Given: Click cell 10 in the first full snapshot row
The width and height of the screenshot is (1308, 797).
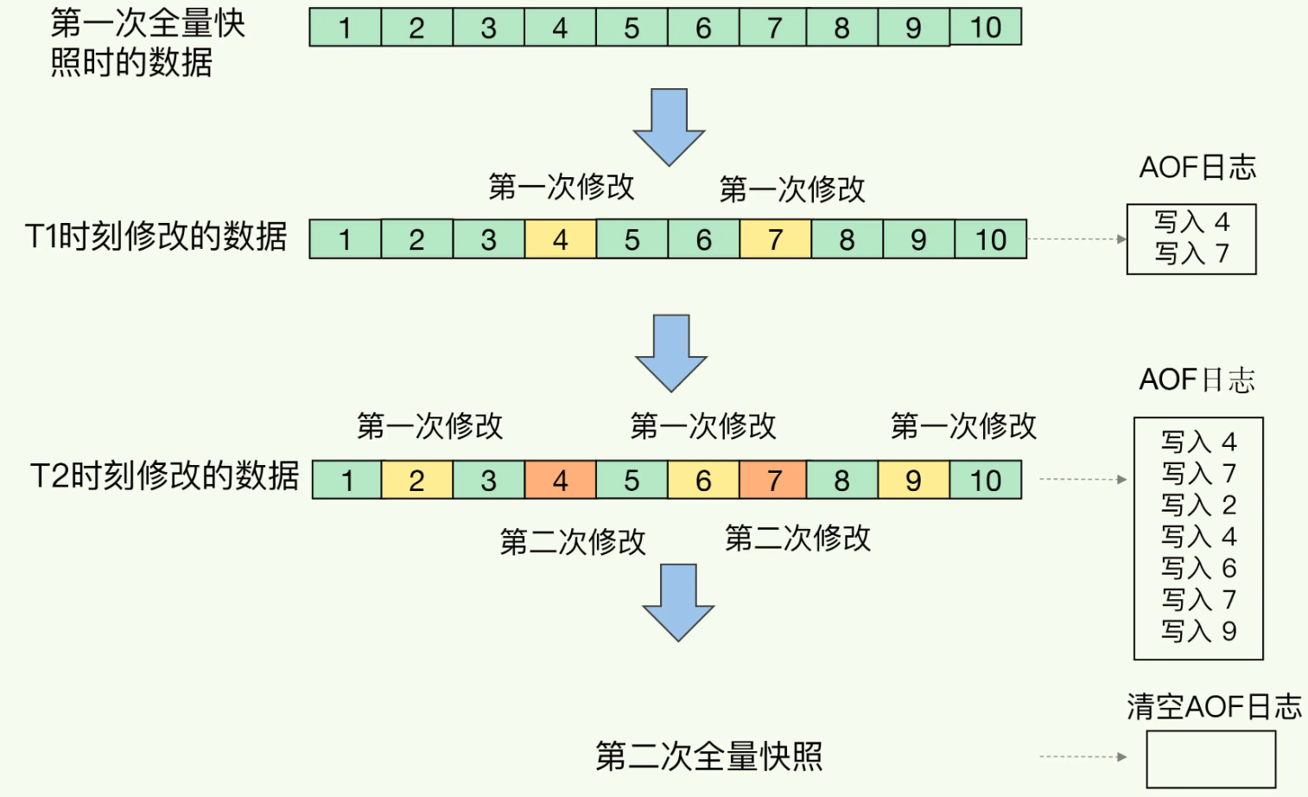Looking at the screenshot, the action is [x=986, y=27].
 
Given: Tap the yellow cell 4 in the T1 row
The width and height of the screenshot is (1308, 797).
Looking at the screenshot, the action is [x=561, y=239].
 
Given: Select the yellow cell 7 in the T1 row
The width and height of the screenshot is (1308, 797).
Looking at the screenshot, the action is [x=776, y=239].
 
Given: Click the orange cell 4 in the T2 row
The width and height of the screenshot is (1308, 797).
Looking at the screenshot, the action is [x=561, y=480].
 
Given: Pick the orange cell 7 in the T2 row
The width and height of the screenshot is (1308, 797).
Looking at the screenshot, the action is [x=773, y=480].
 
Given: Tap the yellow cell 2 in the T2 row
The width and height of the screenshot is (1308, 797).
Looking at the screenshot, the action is [x=417, y=480].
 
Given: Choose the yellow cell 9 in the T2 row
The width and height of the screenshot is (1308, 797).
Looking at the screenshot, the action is [x=914, y=480].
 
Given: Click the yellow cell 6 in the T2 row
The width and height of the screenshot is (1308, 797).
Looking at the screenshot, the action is [x=703, y=480].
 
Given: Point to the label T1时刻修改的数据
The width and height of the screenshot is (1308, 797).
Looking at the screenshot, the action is [x=156, y=237].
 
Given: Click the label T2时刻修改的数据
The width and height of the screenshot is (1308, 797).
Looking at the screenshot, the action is [x=165, y=475].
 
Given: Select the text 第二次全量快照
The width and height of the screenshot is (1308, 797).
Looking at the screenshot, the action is [x=709, y=756].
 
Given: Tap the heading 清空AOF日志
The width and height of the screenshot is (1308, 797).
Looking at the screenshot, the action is [x=1214, y=706].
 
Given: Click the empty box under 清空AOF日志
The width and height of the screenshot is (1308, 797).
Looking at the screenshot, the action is [x=1211, y=760].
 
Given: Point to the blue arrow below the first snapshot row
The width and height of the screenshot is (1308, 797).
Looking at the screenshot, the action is [x=670, y=127].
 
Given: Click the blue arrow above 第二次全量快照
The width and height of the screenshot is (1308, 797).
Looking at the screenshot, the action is [x=678, y=603].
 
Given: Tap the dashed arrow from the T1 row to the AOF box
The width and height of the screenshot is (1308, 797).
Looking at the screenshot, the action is [x=1076, y=239].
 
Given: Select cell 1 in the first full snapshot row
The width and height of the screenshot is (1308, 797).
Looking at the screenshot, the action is [x=345, y=27].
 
